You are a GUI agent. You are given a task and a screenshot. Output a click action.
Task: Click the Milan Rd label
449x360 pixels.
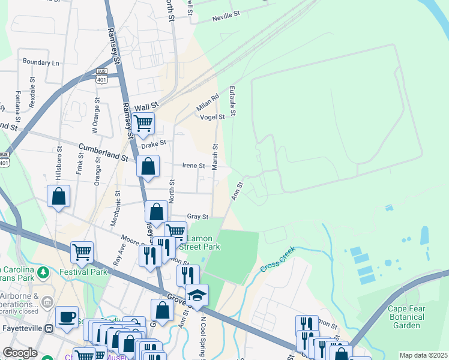coord(208,102)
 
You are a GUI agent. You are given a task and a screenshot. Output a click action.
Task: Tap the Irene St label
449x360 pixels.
coord(193,166)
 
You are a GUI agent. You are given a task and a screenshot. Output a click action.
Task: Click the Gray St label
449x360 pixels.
coord(197,217)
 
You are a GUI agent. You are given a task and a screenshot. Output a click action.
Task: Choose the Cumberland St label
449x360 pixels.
coord(104,152)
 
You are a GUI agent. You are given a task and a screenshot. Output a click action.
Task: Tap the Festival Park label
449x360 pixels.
coord(83,271)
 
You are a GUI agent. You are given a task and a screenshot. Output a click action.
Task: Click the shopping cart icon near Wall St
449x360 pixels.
coord(143,124)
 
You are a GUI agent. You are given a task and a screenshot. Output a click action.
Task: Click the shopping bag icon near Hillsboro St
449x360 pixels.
coord(59,196)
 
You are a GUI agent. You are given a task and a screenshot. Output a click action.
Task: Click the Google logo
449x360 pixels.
coord(20,353)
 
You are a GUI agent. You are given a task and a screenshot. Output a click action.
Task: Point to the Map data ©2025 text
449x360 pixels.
coord(423,355)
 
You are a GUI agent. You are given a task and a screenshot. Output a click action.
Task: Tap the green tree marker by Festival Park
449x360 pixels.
coord(43,274)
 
